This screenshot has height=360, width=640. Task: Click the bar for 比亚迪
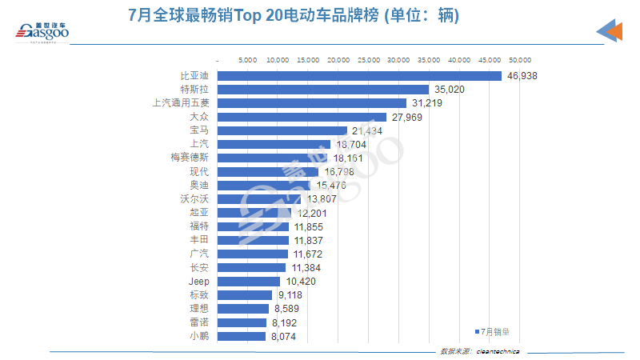[359, 76]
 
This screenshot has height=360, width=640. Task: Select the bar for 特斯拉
[324, 90]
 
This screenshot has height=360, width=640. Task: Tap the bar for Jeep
[249, 282]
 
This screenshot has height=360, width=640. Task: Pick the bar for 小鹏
[242, 337]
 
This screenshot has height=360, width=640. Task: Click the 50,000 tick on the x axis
[520, 60]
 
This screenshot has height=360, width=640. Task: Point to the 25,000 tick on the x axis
[369, 60]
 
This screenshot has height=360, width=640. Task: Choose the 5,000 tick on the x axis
[248, 60]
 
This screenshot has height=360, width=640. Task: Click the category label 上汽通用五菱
[181, 103]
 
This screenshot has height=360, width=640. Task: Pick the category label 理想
[198, 309]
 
